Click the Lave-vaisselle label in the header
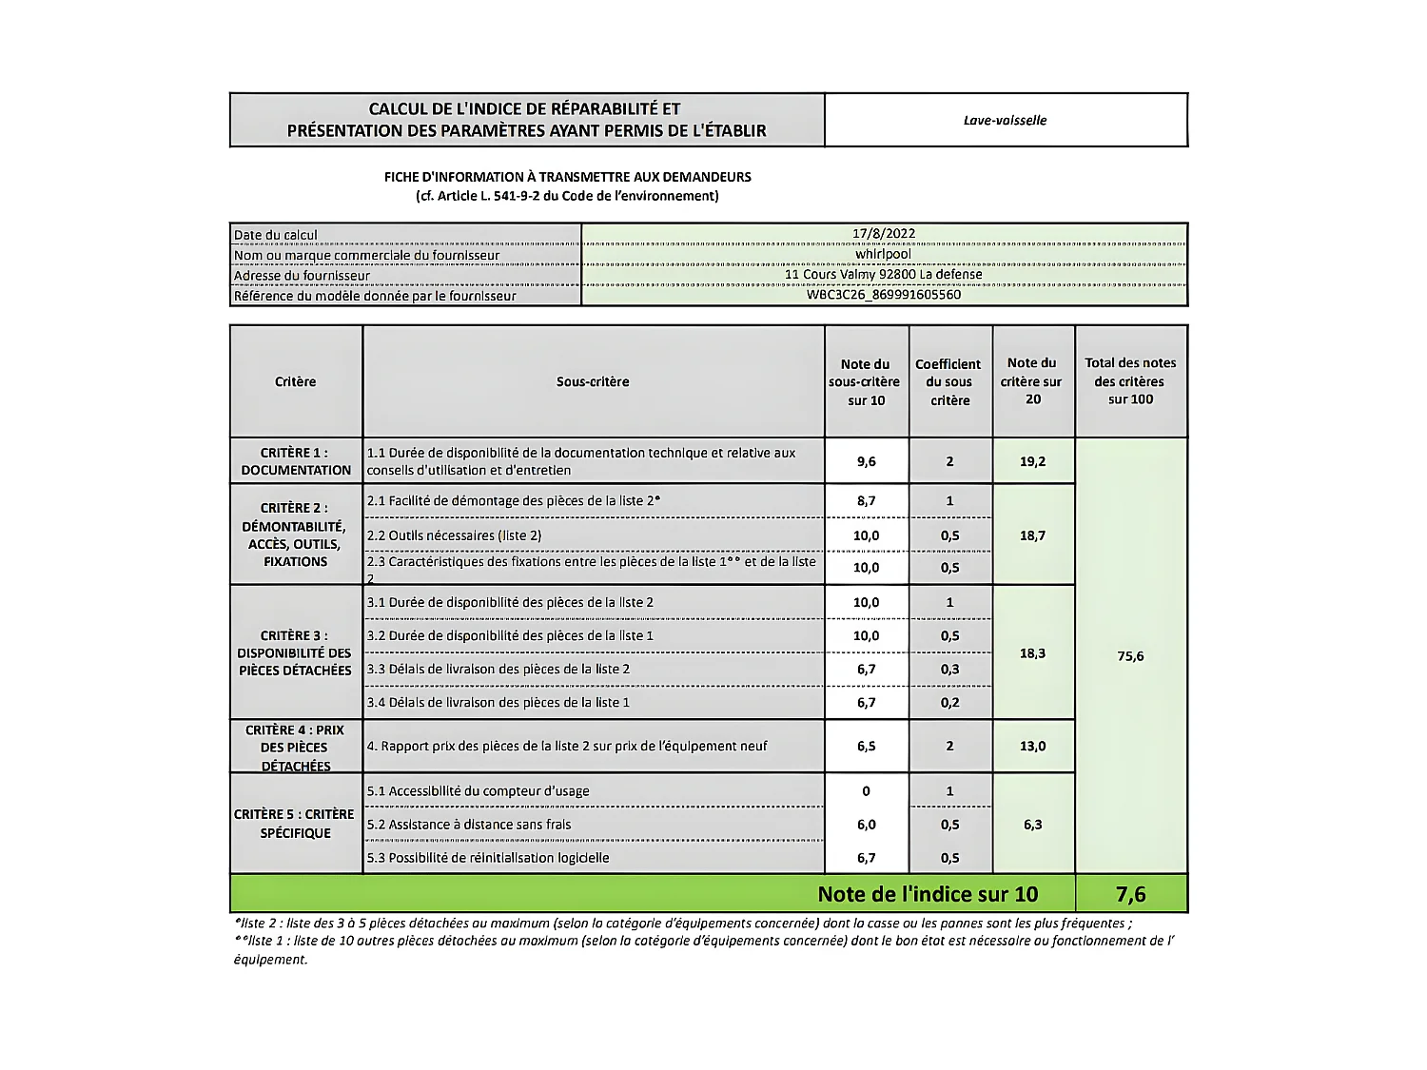click(x=1005, y=121)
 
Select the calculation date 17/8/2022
click(x=883, y=234)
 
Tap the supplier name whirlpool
click(x=883, y=254)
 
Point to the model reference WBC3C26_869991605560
click(x=883, y=295)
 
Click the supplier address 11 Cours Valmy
click(x=883, y=275)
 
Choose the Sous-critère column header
click(x=593, y=382)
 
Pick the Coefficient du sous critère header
click(x=948, y=382)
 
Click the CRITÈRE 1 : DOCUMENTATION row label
click(x=296, y=461)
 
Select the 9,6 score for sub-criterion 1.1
click(x=866, y=462)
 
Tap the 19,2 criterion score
click(x=1032, y=462)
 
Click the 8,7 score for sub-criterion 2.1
click(x=866, y=501)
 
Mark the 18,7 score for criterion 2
click(x=1032, y=536)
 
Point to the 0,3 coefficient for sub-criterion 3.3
click(x=949, y=670)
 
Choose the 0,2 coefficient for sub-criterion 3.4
click(x=949, y=703)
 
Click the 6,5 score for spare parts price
click(x=866, y=747)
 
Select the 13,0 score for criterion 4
click(x=1032, y=747)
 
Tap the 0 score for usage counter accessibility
click(x=866, y=791)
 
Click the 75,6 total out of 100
click(x=1130, y=656)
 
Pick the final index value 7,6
click(x=1130, y=895)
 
